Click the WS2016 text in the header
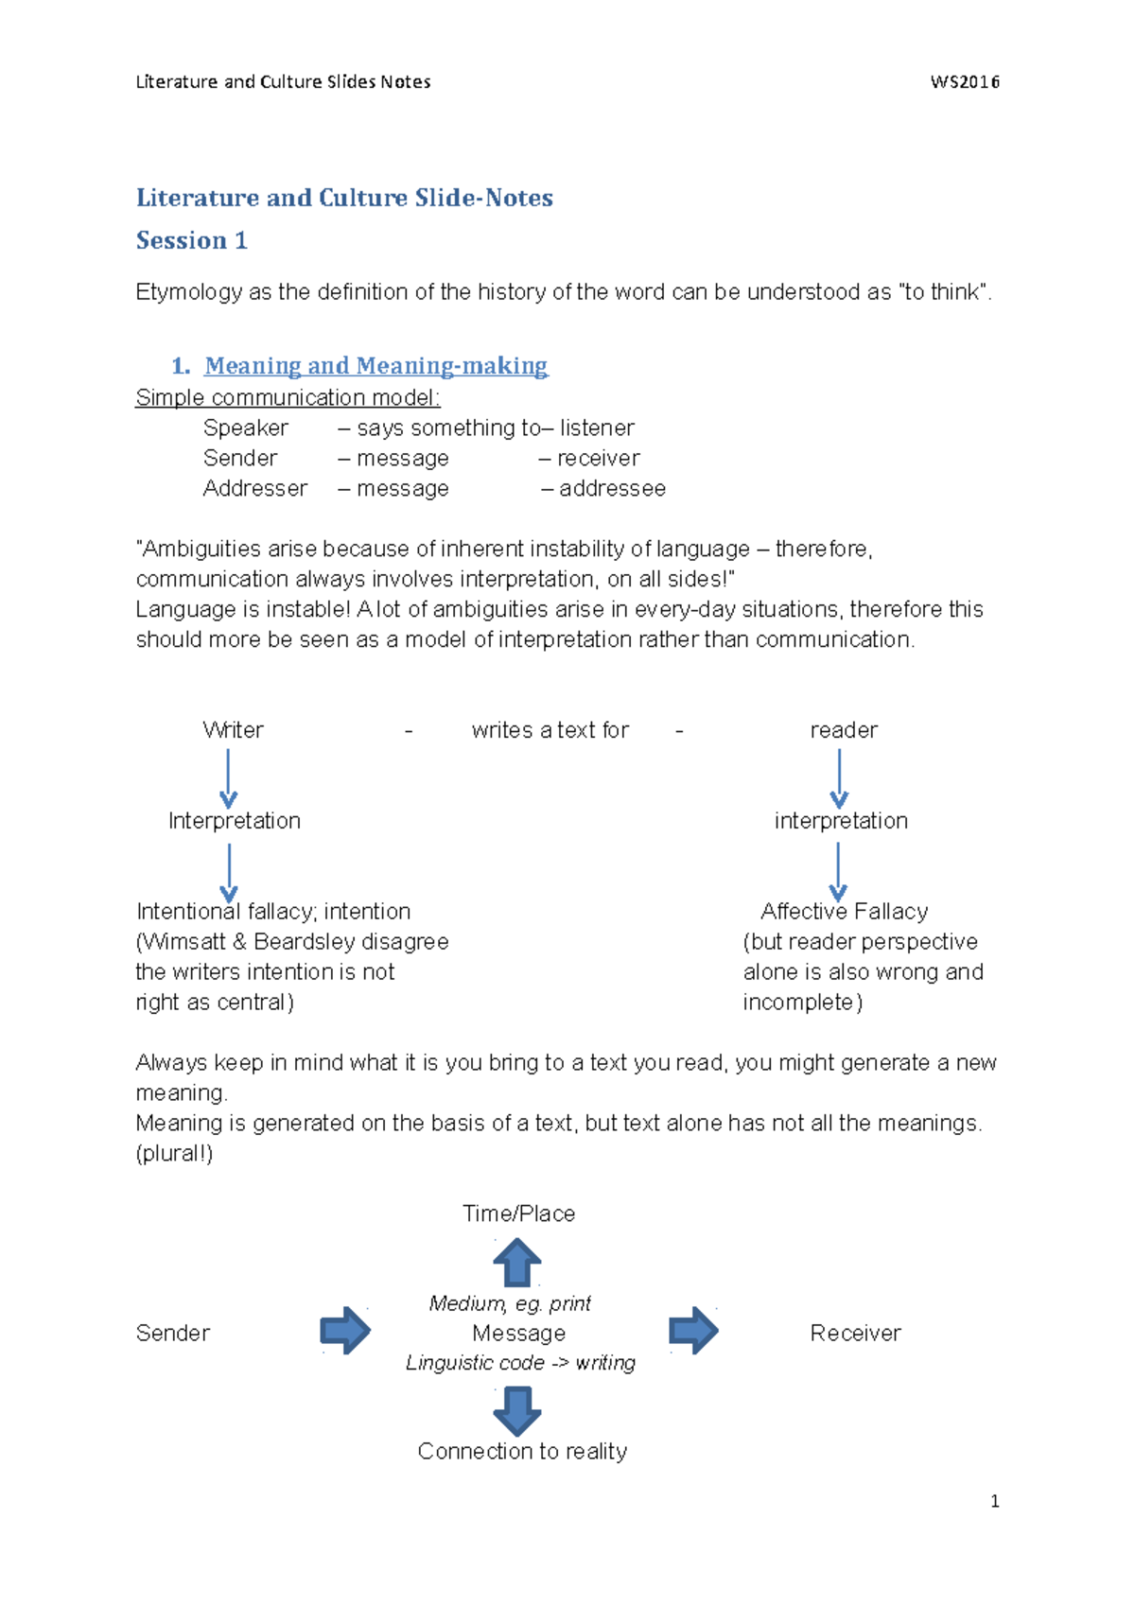point(965,82)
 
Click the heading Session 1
point(191,240)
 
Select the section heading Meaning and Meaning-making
point(375,365)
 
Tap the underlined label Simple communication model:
point(288,397)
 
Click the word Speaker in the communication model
point(245,428)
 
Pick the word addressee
point(612,488)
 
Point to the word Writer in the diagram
point(233,730)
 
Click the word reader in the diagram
point(844,730)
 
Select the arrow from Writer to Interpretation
point(228,778)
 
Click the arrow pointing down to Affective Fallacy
point(838,870)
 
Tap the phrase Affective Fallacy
point(844,911)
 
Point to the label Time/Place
point(518,1213)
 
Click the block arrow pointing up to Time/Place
point(517,1263)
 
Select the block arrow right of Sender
point(345,1331)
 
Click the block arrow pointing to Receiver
point(693,1331)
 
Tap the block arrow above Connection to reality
point(517,1410)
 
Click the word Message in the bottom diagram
point(518,1333)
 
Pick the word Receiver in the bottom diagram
point(855,1333)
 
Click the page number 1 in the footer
point(994,1501)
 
